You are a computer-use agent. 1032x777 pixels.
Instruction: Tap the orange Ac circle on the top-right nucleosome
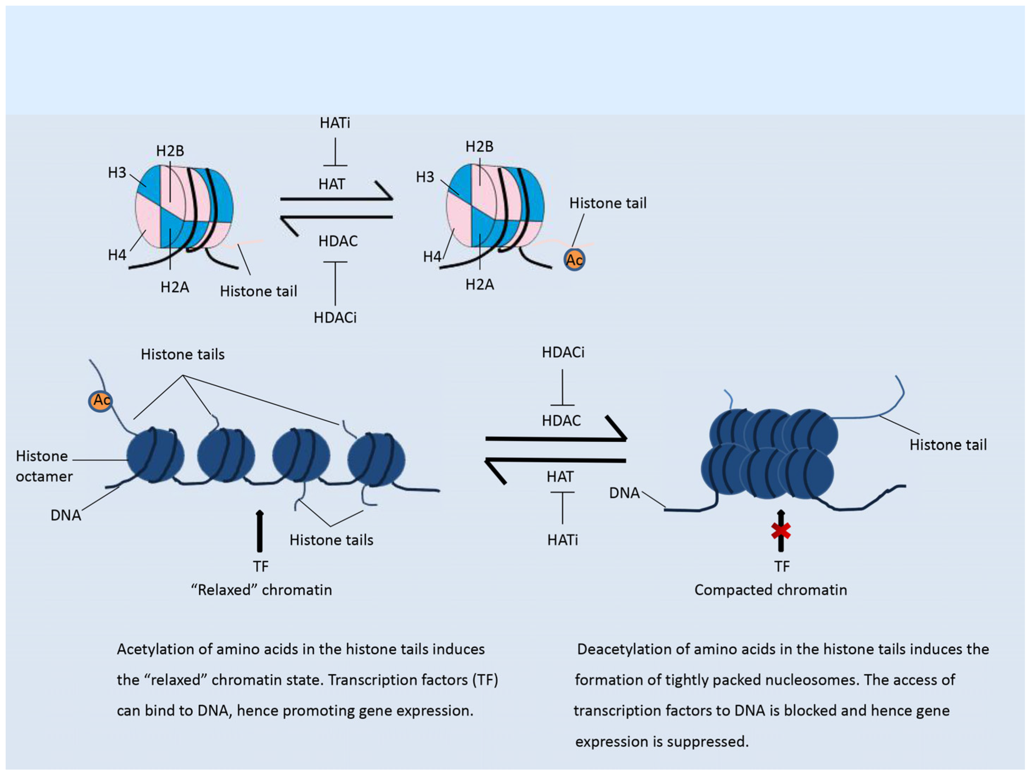pos(574,260)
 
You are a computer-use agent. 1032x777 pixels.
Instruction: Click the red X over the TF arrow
pos(781,531)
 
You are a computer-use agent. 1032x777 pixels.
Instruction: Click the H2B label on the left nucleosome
pos(170,151)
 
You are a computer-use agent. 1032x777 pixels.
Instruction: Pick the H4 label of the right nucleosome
pos(432,257)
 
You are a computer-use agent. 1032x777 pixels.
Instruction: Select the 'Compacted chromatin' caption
pos(770,590)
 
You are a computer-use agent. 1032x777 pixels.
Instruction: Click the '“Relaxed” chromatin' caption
pos(261,590)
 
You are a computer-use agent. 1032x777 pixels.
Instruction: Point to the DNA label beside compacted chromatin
pos(624,493)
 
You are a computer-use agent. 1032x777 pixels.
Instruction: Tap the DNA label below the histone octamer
pos(66,515)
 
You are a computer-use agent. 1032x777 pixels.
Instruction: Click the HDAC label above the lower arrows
pos(561,421)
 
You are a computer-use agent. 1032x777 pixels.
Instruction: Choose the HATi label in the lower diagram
pos(562,540)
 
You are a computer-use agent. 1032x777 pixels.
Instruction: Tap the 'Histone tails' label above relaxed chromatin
pos(182,354)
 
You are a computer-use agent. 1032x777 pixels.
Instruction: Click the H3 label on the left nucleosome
pos(117,172)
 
